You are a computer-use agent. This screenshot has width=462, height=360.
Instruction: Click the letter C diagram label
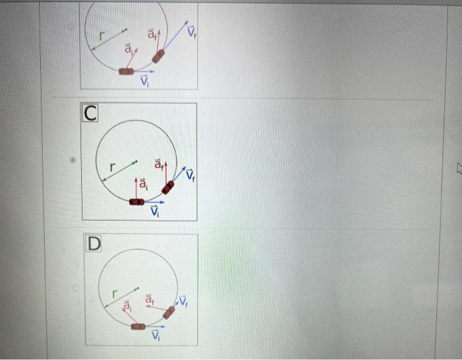click(x=90, y=113)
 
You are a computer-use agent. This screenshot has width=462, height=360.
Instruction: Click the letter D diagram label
click(x=94, y=243)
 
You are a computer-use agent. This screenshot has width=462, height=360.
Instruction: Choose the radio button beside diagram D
click(x=75, y=287)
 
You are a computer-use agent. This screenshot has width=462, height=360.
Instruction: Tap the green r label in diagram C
click(x=113, y=167)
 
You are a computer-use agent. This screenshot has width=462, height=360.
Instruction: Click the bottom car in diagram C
click(x=137, y=201)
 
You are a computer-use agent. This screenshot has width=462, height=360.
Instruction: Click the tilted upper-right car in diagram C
click(x=169, y=187)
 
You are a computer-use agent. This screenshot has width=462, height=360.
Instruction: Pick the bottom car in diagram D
click(x=137, y=326)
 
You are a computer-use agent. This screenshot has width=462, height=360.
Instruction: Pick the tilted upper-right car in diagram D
click(x=169, y=313)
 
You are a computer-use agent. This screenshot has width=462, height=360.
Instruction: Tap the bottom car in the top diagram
click(x=126, y=71)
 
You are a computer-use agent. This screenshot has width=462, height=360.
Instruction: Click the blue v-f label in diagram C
click(x=191, y=175)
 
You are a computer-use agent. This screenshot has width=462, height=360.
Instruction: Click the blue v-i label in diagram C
click(x=155, y=212)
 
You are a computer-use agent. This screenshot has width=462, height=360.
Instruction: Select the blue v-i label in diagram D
click(x=156, y=336)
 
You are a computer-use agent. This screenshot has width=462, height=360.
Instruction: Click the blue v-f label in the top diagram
click(x=191, y=31)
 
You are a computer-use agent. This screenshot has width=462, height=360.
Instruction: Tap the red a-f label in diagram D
click(x=148, y=300)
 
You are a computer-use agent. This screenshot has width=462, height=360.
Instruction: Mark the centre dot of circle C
click(x=137, y=160)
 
